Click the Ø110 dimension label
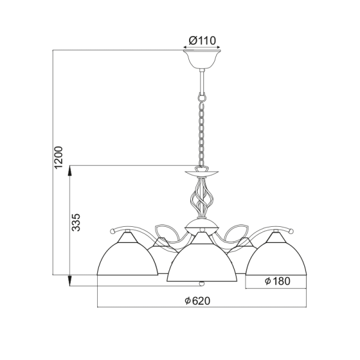[202, 41]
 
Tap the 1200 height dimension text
[59, 157]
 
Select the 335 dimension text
[76, 221]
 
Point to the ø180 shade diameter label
[277, 281]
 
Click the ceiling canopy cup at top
[202, 61]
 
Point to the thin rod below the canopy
[202, 79]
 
